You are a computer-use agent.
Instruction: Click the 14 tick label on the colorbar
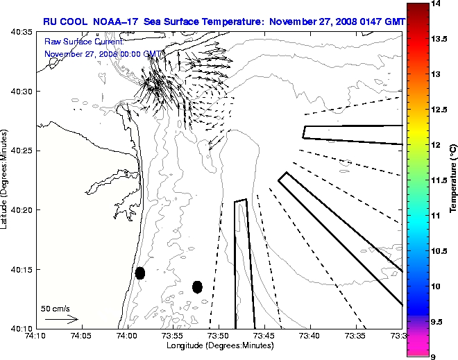click(437, 4)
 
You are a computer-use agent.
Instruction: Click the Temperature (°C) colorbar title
click(452, 180)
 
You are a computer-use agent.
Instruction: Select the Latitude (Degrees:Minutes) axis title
click(6, 180)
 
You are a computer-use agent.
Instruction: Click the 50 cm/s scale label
click(56, 308)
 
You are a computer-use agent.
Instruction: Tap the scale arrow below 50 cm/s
click(61, 319)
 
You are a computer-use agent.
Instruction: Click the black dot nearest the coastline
click(140, 273)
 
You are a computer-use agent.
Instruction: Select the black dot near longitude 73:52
click(197, 286)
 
